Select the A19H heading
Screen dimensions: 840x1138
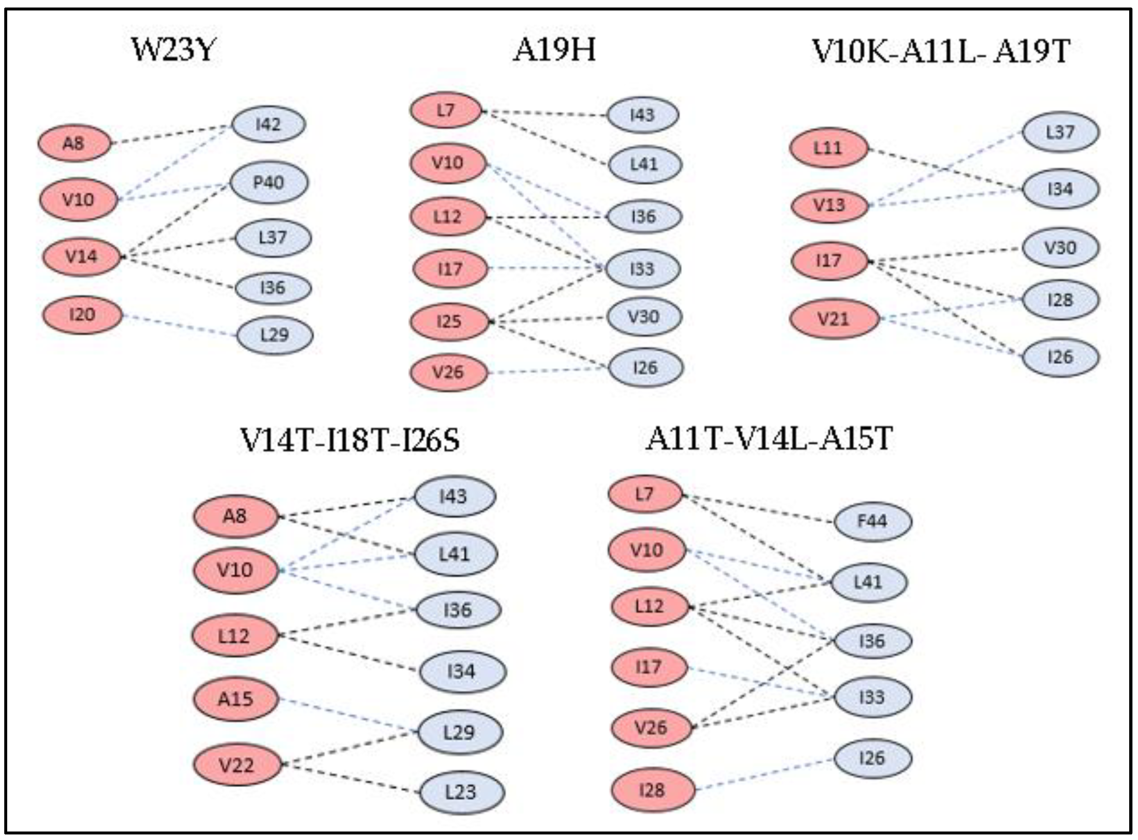pyautogui.click(x=554, y=50)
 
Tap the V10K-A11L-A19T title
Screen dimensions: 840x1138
pyautogui.click(x=941, y=51)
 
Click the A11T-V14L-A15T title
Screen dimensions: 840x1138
pyautogui.click(x=769, y=438)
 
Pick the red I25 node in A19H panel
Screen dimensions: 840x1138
pyautogui.click(x=449, y=321)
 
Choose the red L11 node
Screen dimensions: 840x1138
pyautogui.click(x=828, y=148)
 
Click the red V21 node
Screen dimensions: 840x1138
pyautogui.click(x=834, y=319)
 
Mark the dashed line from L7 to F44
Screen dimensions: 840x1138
pyautogui.click(x=758, y=508)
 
